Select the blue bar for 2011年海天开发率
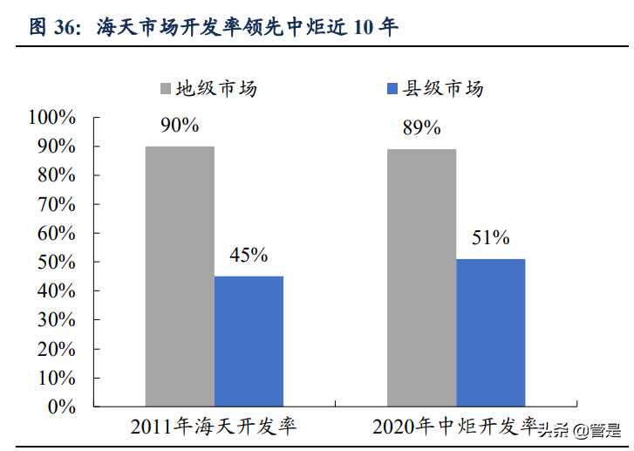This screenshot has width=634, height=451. pyautogui.click(x=249, y=341)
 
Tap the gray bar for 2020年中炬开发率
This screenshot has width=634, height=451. pyautogui.click(x=421, y=277)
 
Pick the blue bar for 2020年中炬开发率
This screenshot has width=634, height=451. pyautogui.click(x=491, y=332)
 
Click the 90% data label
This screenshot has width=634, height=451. pyautogui.click(x=180, y=126)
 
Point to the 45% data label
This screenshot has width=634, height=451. pyautogui.click(x=249, y=256)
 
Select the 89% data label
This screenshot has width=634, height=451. pyautogui.click(x=421, y=128)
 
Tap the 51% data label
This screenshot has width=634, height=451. pyautogui.click(x=491, y=238)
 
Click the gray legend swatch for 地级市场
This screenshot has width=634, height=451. pyautogui.click(x=166, y=89)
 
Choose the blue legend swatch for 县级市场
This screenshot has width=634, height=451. pyautogui.click(x=392, y=89)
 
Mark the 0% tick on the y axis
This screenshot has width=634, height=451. pyautogui.click(x=63, y=407)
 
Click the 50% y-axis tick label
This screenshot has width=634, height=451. pyautogui.click(x=58, y=262)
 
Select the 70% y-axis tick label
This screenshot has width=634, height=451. pyautogui.click(x=58, y=204)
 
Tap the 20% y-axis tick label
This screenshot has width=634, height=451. pyautogui.click(x=58, y=349)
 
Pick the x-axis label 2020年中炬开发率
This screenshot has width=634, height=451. pyautogui.click(x=453, y=427)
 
